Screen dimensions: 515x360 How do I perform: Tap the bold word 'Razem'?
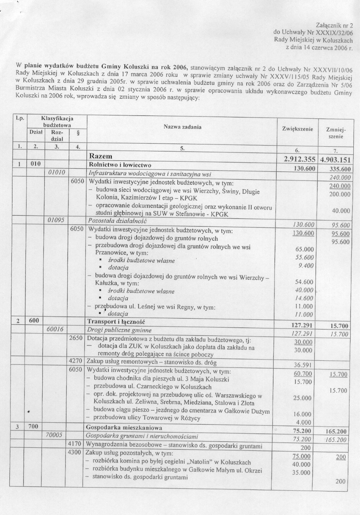101,156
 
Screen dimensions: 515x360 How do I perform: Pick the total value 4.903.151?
335,160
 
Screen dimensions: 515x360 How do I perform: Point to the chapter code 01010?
57,172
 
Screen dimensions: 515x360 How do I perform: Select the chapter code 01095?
57,220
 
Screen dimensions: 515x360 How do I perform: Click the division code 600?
33,321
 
